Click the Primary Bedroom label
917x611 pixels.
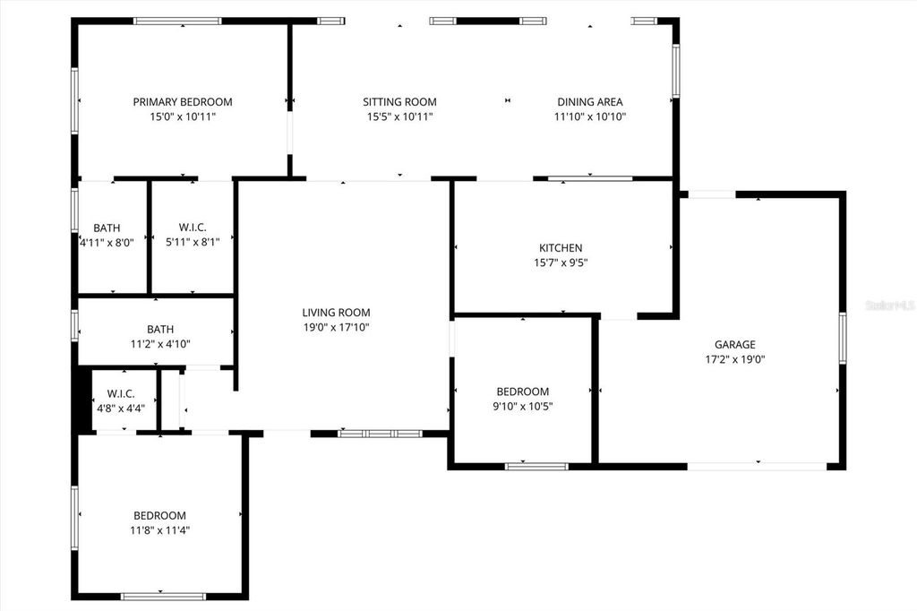point(183,102)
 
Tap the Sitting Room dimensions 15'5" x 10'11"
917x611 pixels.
point(399,116)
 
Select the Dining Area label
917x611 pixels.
point(589,102)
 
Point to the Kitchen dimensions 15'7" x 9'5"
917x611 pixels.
point(561,262)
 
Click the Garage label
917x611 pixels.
point(734,344)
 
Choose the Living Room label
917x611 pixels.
point(336,313)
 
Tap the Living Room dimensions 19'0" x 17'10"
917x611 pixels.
point(336,327)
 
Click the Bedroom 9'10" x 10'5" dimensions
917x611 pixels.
point(523,406)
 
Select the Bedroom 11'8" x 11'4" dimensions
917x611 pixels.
point(159,529)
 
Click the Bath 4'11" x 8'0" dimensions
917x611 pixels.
point(107,242)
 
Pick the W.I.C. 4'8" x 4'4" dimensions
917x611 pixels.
point(121,408)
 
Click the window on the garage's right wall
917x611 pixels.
point(842,338)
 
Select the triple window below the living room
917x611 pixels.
point(380,434)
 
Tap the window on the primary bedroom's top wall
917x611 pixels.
point(177,21)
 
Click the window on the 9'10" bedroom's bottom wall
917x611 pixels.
point(536,466)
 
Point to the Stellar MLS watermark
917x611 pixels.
point(888,305)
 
